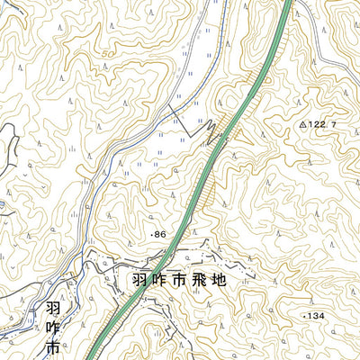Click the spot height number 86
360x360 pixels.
click(160, 234)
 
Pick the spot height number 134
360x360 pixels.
click(315, 316)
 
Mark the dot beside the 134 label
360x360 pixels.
click(304, 316)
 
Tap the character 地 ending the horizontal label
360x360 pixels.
click(246, 280)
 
